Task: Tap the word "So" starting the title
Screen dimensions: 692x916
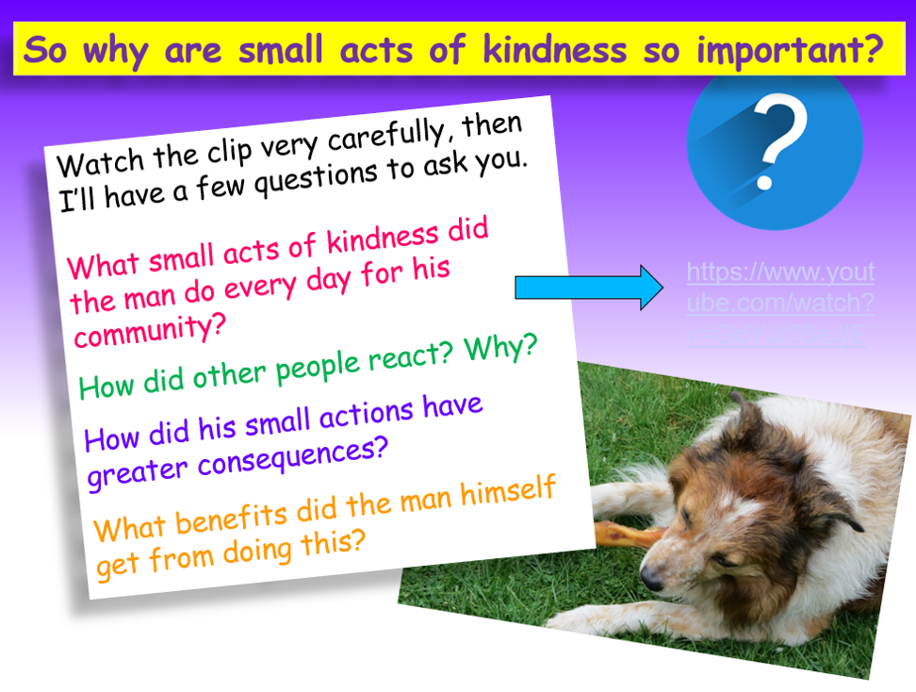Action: [x=49, y=49]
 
